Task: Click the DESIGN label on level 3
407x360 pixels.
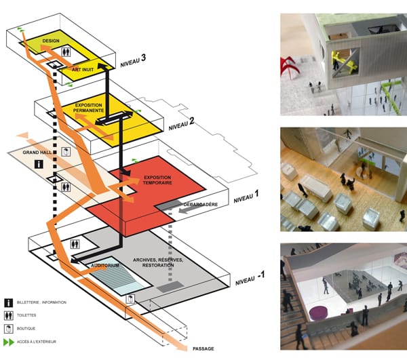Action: (51, 41)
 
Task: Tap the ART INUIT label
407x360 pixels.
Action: (83, 70)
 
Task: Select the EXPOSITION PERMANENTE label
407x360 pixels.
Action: (88, 108)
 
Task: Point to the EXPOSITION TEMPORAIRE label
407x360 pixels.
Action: (157, 180)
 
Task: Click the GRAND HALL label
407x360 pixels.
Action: (37, 153)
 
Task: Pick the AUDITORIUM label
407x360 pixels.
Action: (105, 266)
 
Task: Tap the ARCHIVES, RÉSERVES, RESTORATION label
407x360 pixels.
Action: (158, 262)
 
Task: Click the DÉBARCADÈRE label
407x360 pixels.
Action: (200, 204)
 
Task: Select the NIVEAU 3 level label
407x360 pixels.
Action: (133, 61)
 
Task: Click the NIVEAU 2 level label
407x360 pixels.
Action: (181, 124)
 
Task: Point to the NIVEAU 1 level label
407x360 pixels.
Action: (246, 197)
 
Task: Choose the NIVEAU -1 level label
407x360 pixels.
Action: (250, 278)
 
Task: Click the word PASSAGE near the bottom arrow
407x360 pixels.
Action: (203, 349)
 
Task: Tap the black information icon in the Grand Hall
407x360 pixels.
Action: (39, 164)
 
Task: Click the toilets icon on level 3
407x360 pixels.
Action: (66, 52)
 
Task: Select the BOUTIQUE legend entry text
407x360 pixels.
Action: (26, 328)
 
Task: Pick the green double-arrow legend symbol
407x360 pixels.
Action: (9, 342)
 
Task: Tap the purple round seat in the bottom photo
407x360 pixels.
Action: (319, 313)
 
